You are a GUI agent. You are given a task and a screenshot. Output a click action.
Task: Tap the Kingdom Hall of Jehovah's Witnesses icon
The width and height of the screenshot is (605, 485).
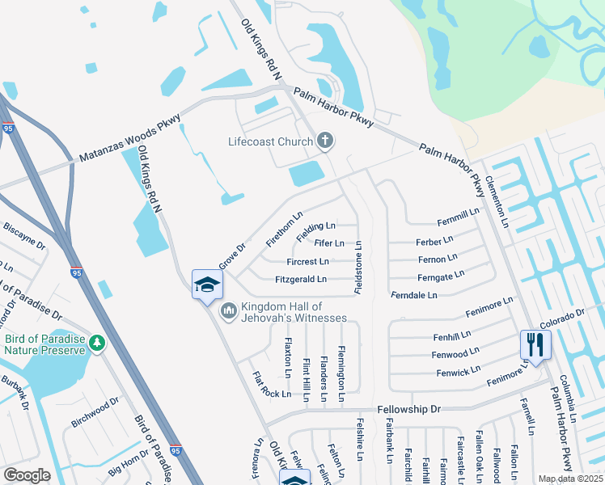(x=229, y=310)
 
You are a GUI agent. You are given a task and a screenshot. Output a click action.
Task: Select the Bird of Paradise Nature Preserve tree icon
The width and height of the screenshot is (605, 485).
(x=97, y=344)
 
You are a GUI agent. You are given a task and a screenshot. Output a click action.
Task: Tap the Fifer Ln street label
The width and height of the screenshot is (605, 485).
(x=329, y=243)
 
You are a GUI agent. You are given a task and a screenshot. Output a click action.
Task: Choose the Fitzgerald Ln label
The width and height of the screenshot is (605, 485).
(x=301, y=280)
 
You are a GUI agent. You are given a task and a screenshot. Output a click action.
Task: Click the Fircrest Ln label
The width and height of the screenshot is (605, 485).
(x=307, y=262)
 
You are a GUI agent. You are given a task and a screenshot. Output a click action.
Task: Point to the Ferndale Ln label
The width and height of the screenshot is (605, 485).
(x=413, y=296)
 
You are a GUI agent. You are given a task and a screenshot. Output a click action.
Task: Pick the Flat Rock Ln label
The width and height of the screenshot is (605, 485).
(x=271, y=385)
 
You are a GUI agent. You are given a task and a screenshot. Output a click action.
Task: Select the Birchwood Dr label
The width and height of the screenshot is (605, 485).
(x=95, y=411)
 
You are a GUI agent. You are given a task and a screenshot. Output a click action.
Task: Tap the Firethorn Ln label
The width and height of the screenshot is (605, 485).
(x=284, y=230)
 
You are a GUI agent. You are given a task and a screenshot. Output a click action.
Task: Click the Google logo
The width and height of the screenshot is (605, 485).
(x=27, y=475)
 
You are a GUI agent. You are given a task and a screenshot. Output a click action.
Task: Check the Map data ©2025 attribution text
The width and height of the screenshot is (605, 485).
(x=569, y=479)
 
